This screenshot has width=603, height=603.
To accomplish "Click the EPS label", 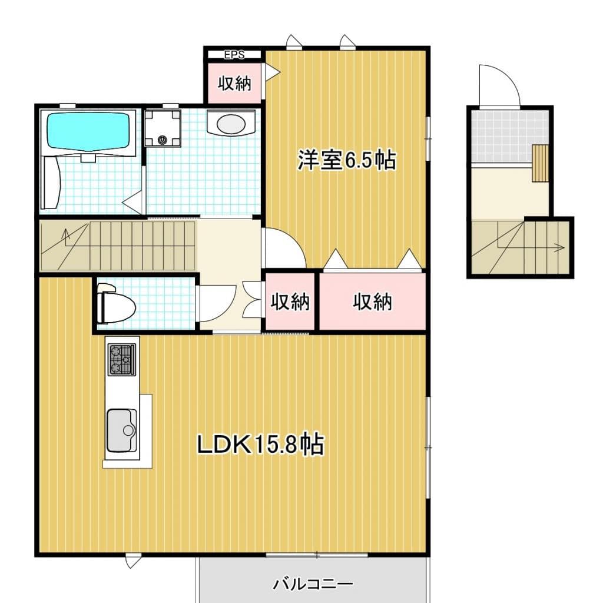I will (234, 55).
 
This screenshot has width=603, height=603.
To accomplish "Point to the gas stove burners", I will (121, 359).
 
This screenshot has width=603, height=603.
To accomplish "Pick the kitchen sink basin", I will (122, 430).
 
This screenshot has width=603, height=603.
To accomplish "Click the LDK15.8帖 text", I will (260, 445).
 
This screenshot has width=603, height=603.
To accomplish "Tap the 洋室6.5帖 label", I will (346, 160).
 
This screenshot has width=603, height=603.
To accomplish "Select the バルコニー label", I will (313, 585).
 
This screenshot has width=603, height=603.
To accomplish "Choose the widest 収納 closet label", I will (372, 302).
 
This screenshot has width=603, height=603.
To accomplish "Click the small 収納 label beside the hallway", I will (290, 302).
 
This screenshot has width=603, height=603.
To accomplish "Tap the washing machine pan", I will (163, 128).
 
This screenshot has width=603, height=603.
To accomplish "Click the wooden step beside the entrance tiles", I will (540, 163).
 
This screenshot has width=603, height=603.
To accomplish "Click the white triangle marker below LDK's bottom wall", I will (133, 561).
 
